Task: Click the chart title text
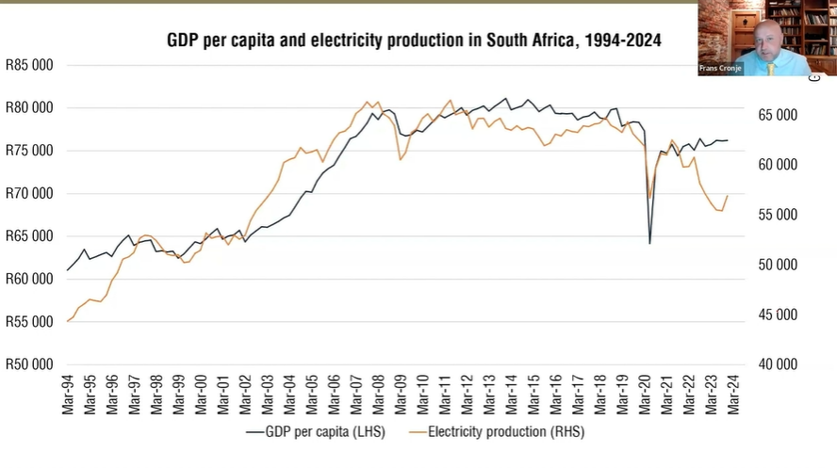[x=414, y=40]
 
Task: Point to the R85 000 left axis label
[x=28, y=65]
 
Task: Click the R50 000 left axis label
[x=28, y=364]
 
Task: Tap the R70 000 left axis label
[x=28, y=193]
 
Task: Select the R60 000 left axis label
[x=28, y=279]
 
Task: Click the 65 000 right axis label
[x=780, y=115]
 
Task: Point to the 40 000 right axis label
[x=780, y=364]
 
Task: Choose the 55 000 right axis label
[x=780, y=215]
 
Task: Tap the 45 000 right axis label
[x=780, y=315]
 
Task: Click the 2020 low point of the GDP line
[x=649, y=243]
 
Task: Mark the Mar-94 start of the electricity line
[x=68, y=321]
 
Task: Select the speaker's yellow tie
[x=770, y=66]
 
